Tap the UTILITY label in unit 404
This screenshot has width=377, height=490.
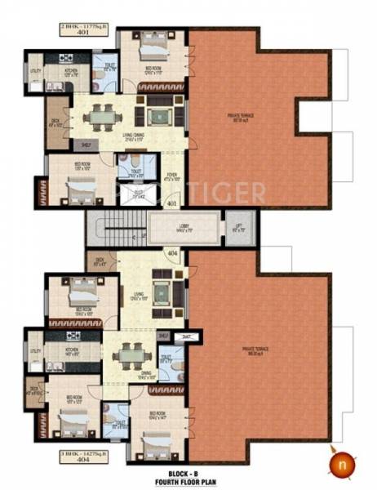coord(35,351)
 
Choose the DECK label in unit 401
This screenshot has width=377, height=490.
coord(55,122)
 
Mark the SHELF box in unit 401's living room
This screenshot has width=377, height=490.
coord(85,145)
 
